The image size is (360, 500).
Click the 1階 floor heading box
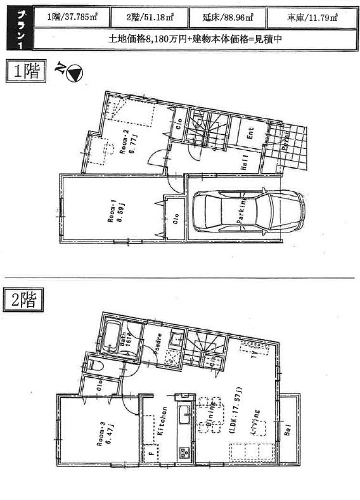tap(26, 71)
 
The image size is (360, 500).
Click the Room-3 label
tap(101, 435)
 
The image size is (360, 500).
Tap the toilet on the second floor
tap(96, 366)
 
